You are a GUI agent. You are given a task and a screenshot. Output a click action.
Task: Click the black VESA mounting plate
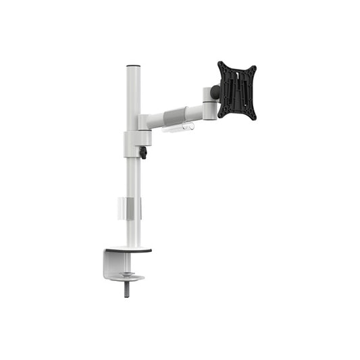pyautogui.click(x=236, y=90)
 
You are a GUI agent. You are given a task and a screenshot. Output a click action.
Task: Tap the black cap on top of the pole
pyautogui.click(x=132, y=66)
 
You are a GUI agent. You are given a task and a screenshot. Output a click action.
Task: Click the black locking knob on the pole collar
pyautogui.click(x=143, y=153)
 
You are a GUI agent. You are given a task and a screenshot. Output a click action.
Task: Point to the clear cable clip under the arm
pyautogui.click(x=178, y=127)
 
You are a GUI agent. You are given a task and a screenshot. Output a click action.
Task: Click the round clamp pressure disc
pyautogui.click(x=128, y=276)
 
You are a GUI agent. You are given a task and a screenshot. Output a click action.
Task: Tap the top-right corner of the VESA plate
pyautogui.click(x=254, y=68)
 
